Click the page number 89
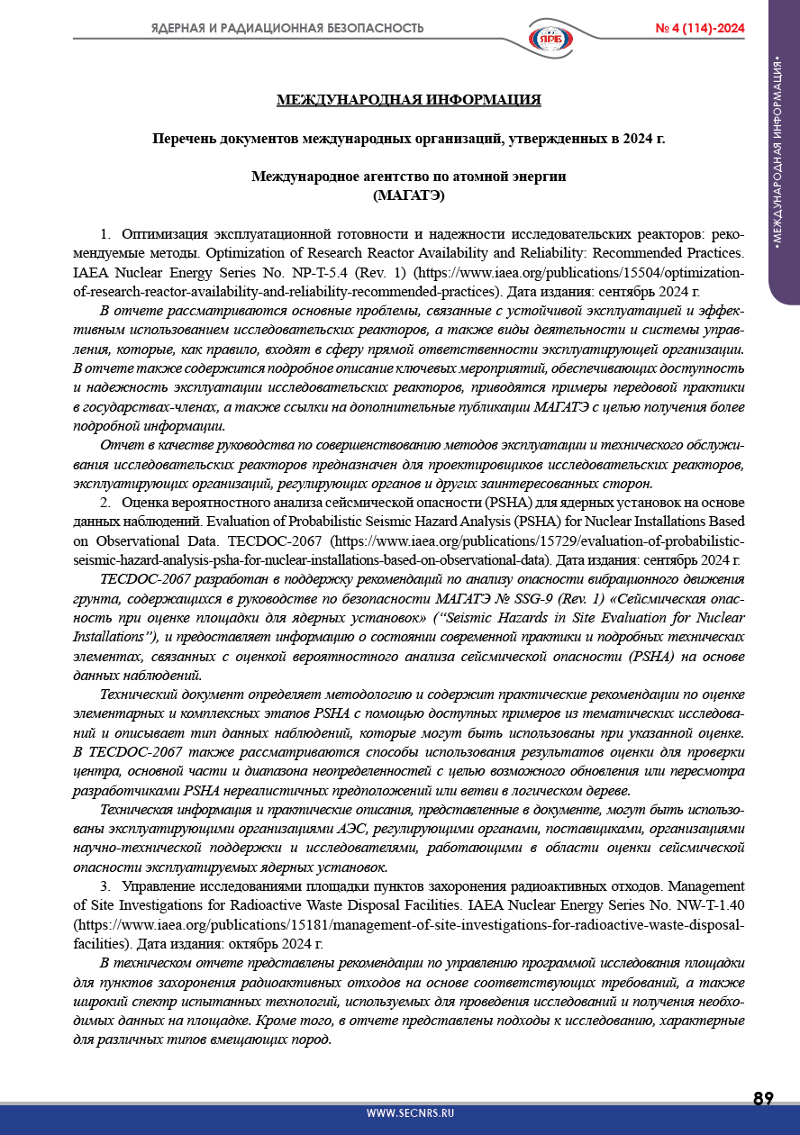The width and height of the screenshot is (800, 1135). click(763, 1099)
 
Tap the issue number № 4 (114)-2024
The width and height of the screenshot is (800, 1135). click(700, 29)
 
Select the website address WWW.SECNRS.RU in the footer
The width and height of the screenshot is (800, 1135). click(410, 1113)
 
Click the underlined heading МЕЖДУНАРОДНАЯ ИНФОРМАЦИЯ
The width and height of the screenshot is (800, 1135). click(408, 100)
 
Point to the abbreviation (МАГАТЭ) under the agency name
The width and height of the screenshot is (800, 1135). click(408, 195)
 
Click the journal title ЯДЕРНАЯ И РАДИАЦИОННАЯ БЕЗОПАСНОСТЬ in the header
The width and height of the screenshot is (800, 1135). click(287, 29)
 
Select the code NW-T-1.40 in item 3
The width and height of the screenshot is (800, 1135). click(711, 903)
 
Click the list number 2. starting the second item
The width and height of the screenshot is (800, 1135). click(105, 502)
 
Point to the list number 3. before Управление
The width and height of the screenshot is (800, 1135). click(105, 886)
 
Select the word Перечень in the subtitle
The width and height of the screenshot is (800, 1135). click(185, 139)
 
